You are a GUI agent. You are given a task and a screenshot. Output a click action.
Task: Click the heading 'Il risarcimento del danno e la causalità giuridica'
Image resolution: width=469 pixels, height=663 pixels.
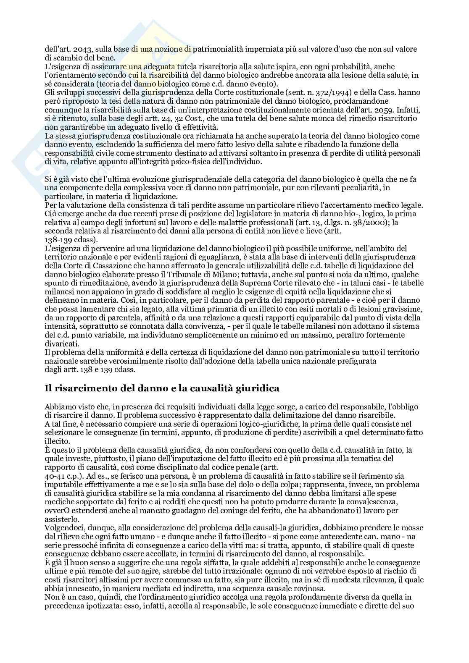[x=162, y=388]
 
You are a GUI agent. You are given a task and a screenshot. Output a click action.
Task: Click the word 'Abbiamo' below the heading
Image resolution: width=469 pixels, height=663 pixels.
[x=58, y=406]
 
